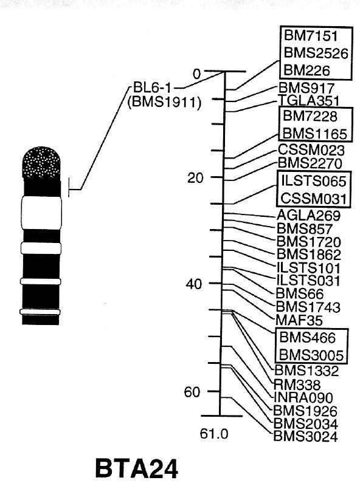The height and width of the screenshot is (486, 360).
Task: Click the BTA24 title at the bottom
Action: [137, 468]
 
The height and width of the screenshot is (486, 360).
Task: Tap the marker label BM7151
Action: [310, 36]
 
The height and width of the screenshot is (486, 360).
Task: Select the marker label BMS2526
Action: [316, 53]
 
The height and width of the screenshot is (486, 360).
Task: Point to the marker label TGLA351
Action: [308, 100]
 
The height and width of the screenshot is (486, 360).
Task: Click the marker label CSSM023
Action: [311, 150]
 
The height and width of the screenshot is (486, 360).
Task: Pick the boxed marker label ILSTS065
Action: [313, 181]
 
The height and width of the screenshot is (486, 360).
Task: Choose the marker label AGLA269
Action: [308, 216]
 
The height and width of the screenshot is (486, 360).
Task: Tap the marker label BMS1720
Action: [308, 242]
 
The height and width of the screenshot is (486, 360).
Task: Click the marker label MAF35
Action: [299, 320]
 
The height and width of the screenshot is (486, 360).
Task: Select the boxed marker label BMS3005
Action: [311, 355]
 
